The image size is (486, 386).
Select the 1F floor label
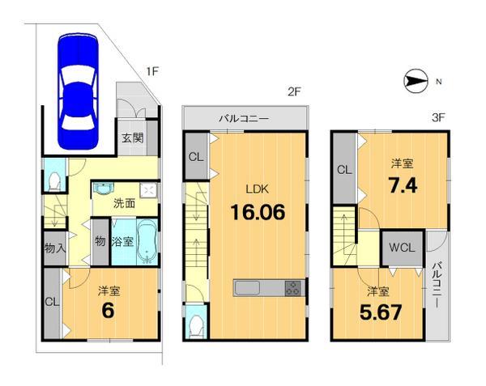click(151, 72)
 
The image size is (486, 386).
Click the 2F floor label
click(293, 91)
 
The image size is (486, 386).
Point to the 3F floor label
click(439, 117)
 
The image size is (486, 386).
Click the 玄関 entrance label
click(133, 138)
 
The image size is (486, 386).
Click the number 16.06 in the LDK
click(258, 214)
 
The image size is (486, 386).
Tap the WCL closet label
click(403, 248)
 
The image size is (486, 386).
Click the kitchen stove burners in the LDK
click(292, 287)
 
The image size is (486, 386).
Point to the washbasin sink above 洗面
click(103, 189)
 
